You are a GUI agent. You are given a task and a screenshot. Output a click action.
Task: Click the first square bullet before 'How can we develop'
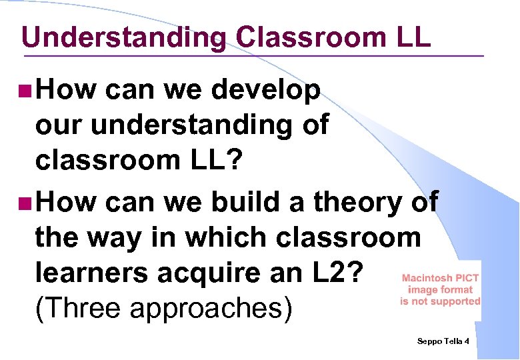click(25, 90)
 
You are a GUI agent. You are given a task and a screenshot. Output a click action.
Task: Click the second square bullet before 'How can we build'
click(25, 202)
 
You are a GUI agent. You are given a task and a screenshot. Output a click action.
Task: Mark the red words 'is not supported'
click(440, 301)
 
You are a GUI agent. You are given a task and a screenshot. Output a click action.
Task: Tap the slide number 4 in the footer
click(467, 341)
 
